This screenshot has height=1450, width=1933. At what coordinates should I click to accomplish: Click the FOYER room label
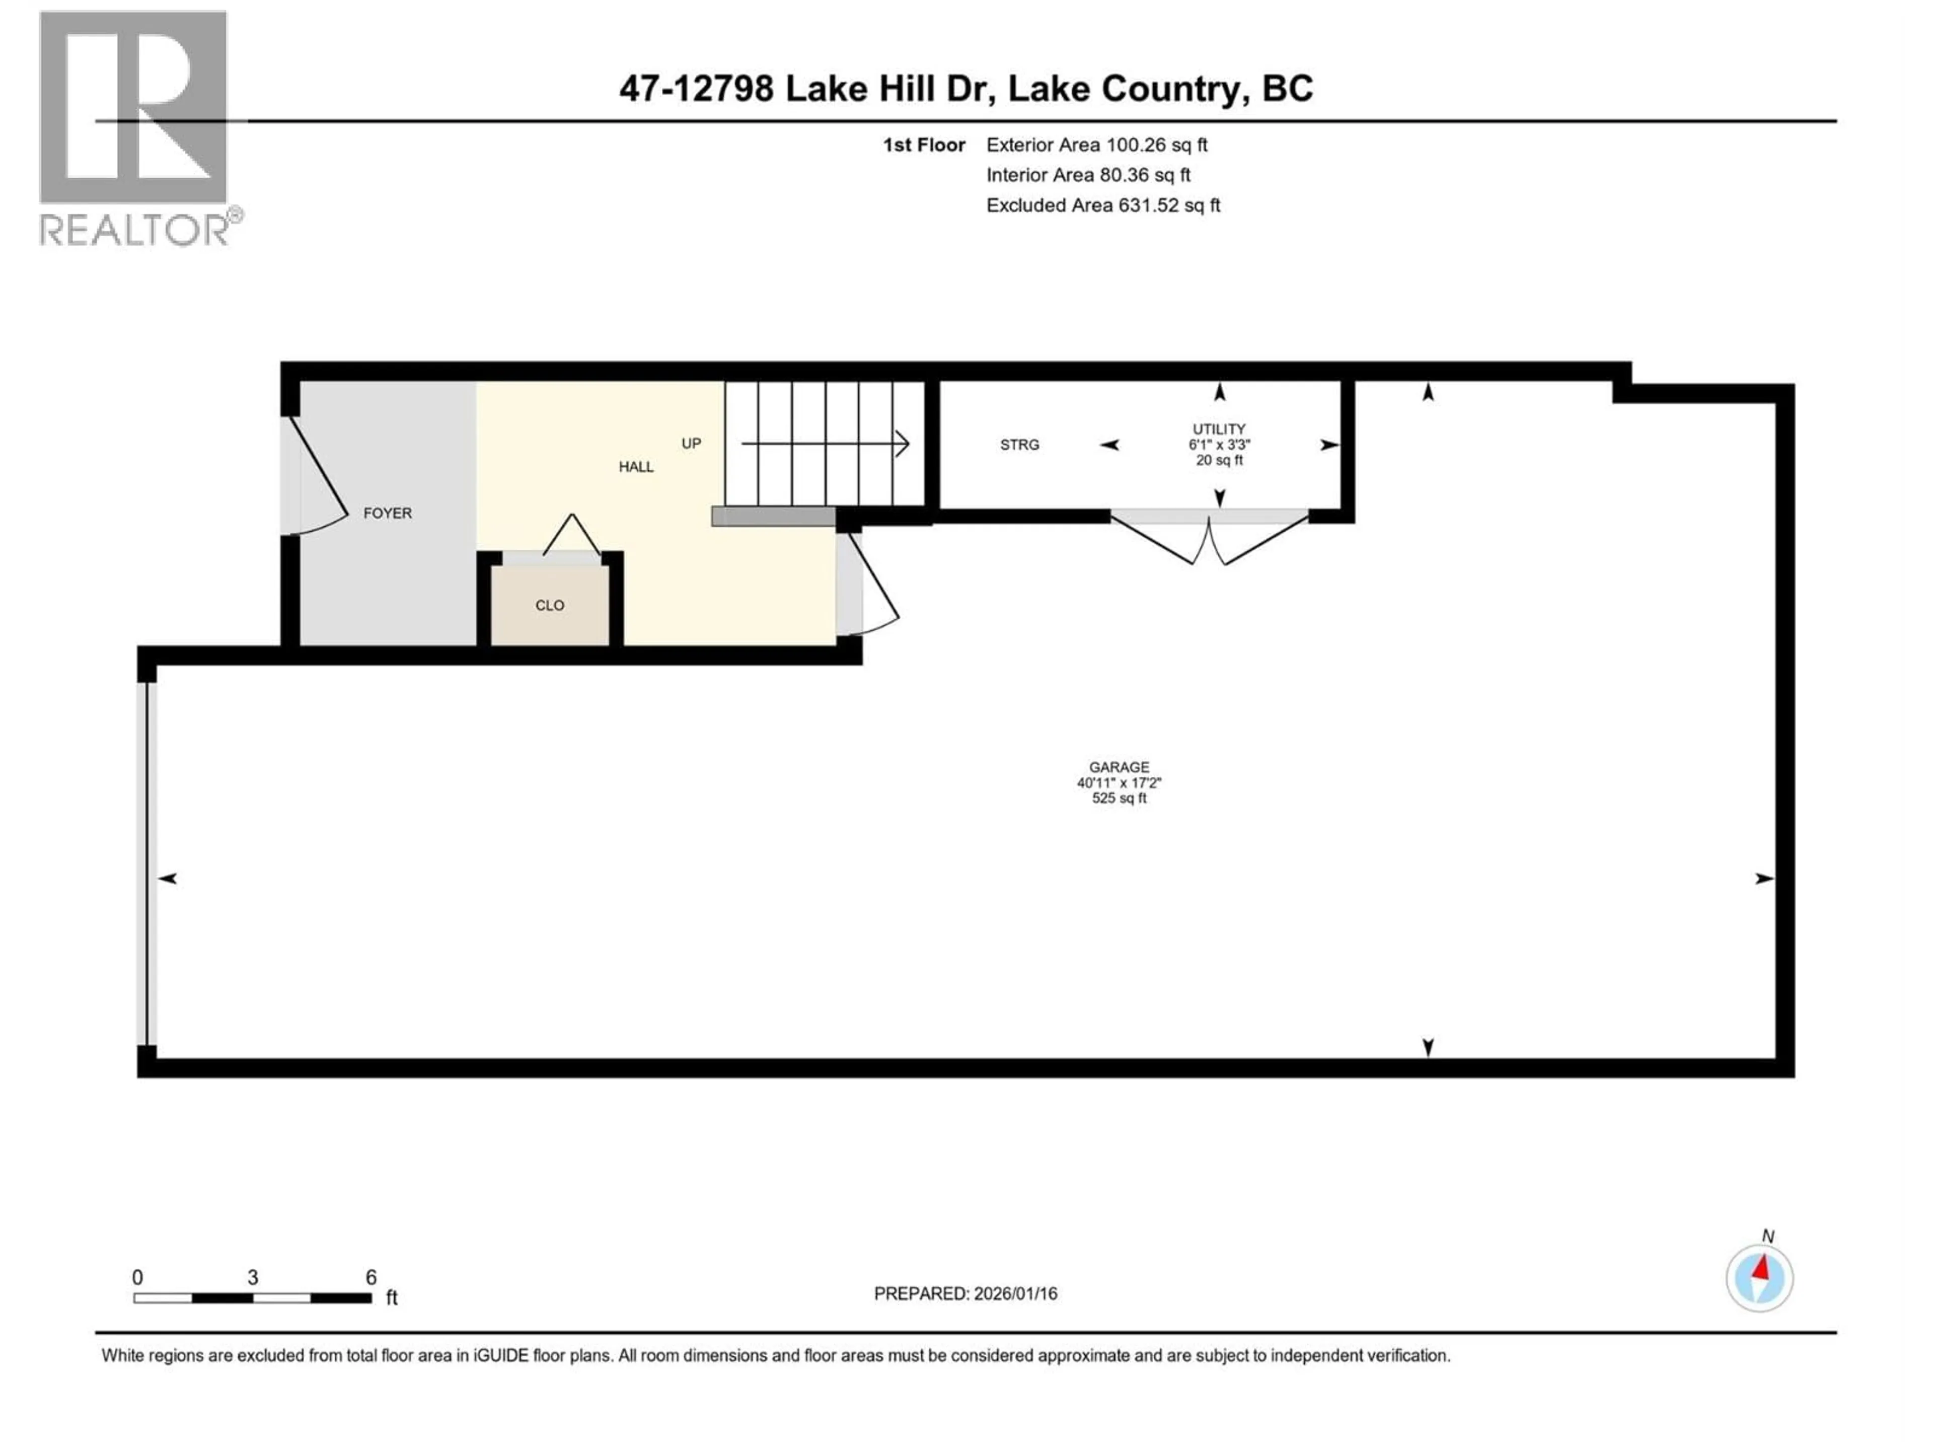coord(387,513)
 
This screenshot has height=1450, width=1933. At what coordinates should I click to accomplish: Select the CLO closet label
coord(550,605)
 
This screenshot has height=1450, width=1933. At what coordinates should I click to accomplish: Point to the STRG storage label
coord(1019,445)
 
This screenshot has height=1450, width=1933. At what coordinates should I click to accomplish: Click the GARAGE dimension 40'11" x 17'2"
coord(1119,783)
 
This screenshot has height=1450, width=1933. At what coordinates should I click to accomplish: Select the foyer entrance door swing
coord(320,481)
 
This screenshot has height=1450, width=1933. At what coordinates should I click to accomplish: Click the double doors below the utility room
coord(1209,542)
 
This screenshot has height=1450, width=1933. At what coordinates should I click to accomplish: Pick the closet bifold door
coord(571,535)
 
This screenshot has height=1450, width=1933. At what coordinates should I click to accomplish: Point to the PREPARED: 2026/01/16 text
coord(965,1293)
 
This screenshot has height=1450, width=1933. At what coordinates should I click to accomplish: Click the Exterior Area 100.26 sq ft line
coord(1097,145)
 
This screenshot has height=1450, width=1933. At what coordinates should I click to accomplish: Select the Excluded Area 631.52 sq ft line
coord(1103,205)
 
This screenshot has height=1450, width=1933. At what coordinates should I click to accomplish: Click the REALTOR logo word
coord(135,230)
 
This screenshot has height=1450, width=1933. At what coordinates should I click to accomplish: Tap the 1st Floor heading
coord(924,145)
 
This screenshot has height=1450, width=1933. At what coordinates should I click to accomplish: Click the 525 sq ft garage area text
coord(1119,798)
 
